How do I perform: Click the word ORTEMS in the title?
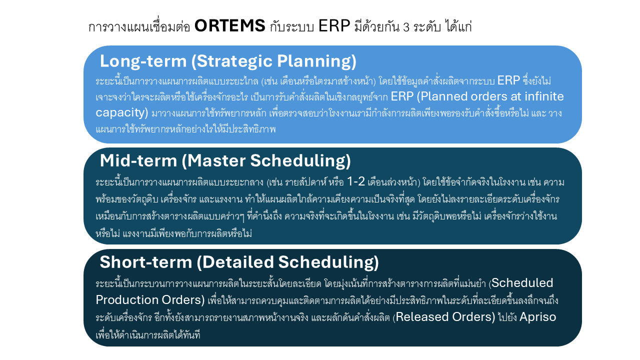[230, 26]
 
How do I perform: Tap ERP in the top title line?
[334, 26]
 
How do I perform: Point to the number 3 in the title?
[405, 27]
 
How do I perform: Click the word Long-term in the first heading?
[143, 61]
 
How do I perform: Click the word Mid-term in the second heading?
[138, 160]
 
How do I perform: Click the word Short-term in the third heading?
[145, 262]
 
